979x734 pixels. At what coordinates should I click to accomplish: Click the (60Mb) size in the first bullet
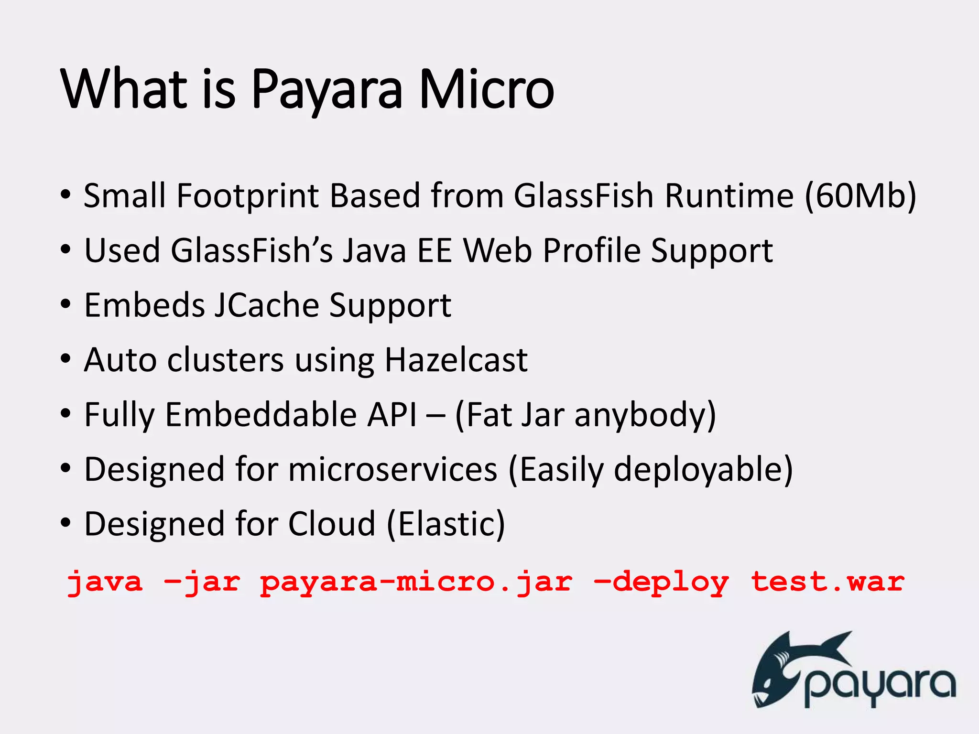[x=860, y=196]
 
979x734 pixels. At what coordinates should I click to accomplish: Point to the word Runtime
[x=729, y=196]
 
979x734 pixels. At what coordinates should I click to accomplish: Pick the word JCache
[x=266, y=305]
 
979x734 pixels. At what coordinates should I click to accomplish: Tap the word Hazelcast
[x=456, y=360]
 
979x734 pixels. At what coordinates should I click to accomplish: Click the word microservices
[x=393, y=469]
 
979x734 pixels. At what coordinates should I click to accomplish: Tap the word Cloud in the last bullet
[x=332, y=524]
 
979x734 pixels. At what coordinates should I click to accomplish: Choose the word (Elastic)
[x=446, y=524]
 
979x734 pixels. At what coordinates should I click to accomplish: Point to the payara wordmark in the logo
[x=880, y=686]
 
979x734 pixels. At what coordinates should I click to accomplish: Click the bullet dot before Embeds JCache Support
[x=65, y=304]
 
